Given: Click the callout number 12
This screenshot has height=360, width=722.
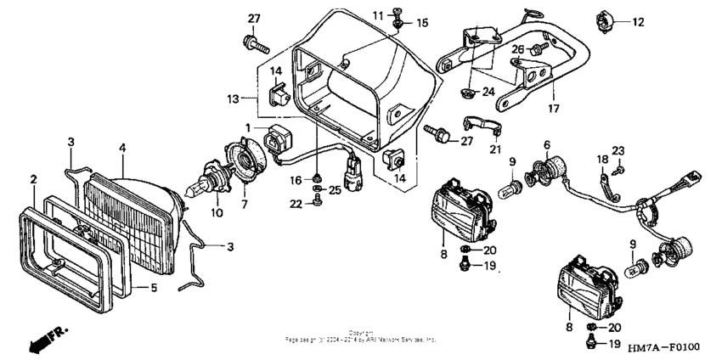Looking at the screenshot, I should point(638,22).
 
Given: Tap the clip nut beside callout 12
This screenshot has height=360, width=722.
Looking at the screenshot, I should point(605,20).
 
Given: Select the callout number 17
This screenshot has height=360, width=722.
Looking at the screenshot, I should point(554,108).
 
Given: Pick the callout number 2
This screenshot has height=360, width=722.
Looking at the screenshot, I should point(34,179).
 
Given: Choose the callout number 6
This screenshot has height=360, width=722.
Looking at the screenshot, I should point(547,144).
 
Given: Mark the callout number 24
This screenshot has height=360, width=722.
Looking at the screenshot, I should point(488,92).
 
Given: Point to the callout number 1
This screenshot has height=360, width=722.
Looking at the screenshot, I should point(250,127).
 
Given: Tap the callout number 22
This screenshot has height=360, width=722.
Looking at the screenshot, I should point(295,202).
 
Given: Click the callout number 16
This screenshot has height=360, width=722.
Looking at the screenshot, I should point(296,180).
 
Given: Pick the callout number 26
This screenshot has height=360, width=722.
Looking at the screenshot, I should point(517,48).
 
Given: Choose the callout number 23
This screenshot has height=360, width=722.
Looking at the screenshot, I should point(618,149).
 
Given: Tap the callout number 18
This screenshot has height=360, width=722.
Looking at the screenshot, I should point(600,159).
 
